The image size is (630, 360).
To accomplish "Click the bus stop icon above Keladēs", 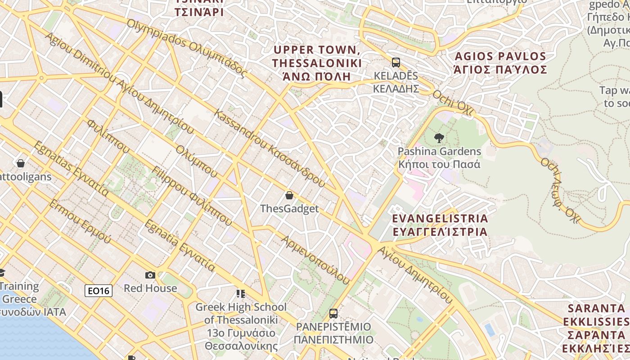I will (x=396, y=63).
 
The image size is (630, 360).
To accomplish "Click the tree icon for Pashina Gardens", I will (x=439, y=138).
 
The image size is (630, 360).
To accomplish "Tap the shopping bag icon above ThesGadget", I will (x=289, y=195).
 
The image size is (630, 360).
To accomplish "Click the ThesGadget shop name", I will (x=289, y=209).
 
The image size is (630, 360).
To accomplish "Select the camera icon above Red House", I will (x=150, y=275).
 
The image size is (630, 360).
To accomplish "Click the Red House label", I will (x=150, y=288).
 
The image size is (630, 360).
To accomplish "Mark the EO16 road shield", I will (x=99, y=291).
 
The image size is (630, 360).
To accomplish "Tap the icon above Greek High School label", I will (x=241, y=294).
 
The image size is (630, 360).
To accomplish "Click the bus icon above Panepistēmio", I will (x=333, y=314).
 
